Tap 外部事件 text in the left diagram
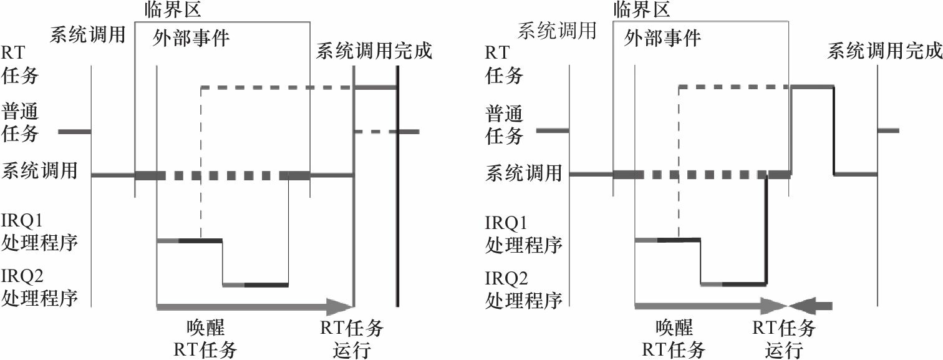click(191, 39)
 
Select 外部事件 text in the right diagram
click(662, 39)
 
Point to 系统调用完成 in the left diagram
click(374, 51)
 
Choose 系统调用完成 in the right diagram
click(884, 51)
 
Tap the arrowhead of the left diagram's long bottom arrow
click(340, 306)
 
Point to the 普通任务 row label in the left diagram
click(21, 123)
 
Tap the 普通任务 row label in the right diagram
click(504, 124)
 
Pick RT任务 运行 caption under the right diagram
click(783, 338)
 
